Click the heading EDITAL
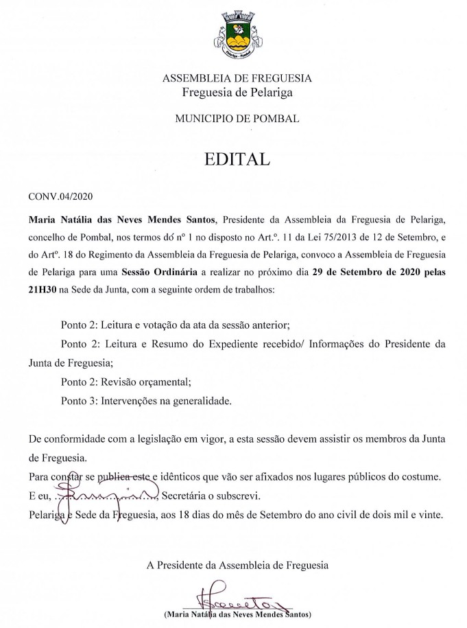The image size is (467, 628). (x=237, y=159)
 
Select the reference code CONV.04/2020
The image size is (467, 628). (x=60, y=197)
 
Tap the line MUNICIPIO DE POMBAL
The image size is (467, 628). (x=237, y=119)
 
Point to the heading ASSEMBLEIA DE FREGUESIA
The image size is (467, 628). (x=237, y=78)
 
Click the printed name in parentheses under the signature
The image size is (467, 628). (x=237, y=612)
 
